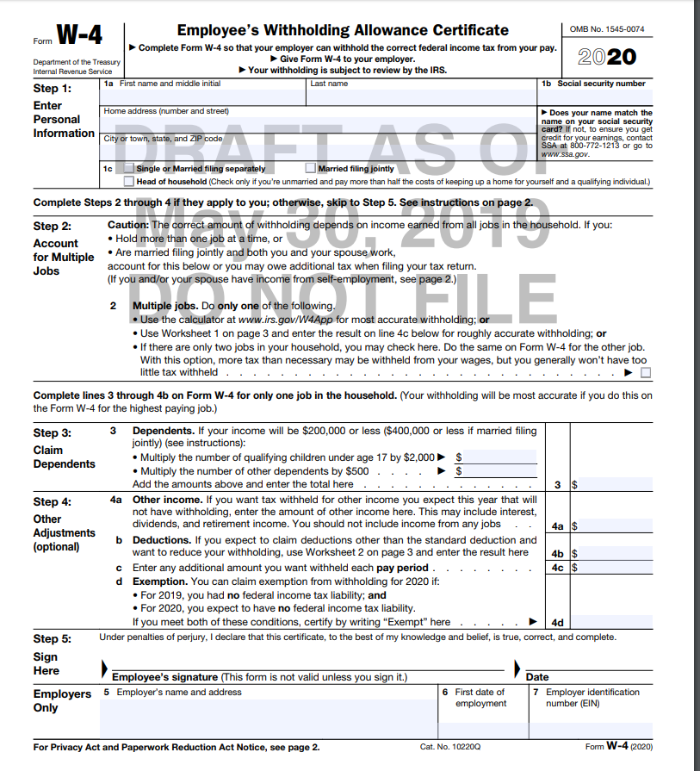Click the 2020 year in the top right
[607, 57]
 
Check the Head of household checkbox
[129, 182]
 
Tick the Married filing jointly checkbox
[311, 169]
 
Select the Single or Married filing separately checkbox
[129, 169]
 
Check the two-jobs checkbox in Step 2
[646, 373]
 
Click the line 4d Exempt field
[612, 622]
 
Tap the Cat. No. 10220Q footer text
[450, 747]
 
